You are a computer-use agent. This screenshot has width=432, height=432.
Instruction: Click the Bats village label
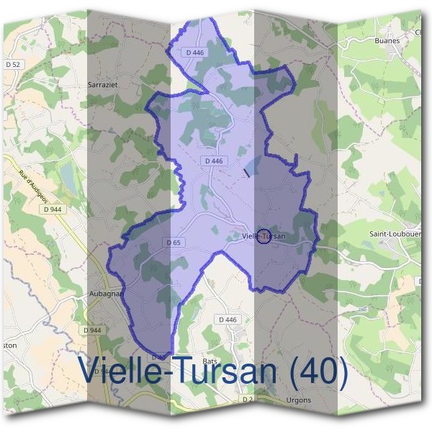click(210, 360)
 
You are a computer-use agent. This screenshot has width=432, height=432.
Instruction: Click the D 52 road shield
click(13, 65)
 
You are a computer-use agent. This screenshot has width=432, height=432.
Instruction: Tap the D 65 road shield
click(174, 243)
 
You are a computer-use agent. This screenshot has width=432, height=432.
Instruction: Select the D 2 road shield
click(248, 398)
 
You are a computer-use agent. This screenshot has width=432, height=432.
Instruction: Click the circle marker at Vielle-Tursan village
click(264, 236)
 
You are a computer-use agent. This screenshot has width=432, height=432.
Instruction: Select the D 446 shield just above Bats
click(226, 320)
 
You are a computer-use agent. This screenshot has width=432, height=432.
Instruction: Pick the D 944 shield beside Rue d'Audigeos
click(50, 208)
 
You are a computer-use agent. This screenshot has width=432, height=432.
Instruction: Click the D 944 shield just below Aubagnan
click(92, 330)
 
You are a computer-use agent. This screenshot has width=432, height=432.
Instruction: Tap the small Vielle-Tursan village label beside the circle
click(264, 236)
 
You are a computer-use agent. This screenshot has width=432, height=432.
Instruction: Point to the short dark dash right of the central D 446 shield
click(246, 172)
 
